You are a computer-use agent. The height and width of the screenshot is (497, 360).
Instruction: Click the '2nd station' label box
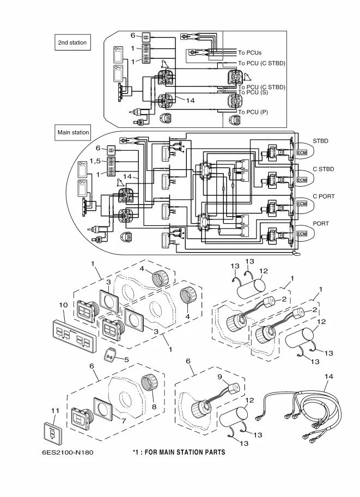click(72, 42)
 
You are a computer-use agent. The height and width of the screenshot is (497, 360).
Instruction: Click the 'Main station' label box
click(73, 132)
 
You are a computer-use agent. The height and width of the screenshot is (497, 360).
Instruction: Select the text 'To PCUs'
click(250, 53)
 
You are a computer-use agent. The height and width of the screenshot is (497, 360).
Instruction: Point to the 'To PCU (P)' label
click(253, 112)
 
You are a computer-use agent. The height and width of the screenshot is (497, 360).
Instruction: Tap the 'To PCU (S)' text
click(253, 93)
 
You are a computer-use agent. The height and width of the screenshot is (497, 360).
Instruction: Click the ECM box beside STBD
click(302, 151)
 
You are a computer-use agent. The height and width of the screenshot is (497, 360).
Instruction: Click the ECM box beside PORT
click(302, 234)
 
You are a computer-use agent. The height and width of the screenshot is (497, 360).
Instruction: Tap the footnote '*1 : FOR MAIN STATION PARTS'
click(179, 452)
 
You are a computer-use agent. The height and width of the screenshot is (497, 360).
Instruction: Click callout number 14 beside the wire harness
click(328, 376)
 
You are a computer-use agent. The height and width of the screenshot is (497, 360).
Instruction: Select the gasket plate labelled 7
click(103, 409)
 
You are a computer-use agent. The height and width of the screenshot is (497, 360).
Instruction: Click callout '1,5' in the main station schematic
click(95, 161)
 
